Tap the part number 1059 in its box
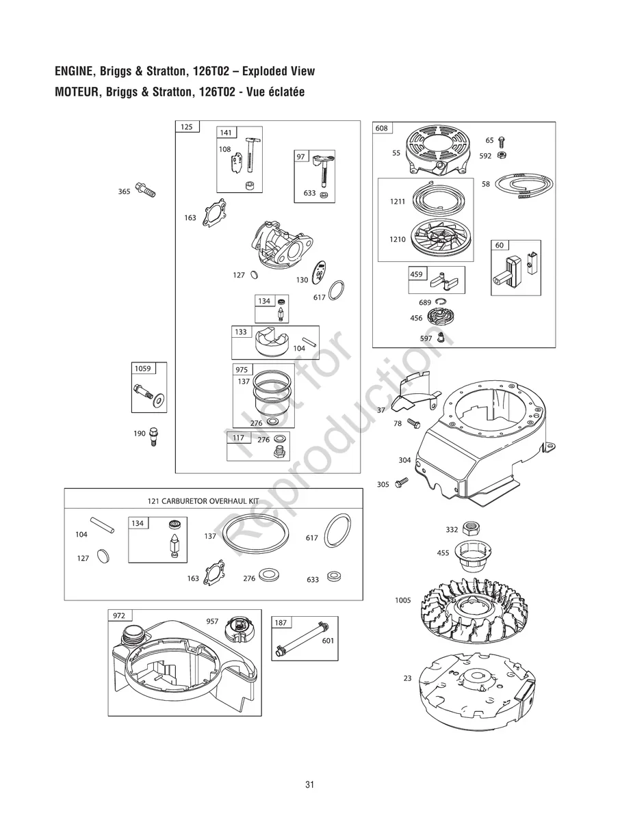point(142,369)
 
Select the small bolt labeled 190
point(153,436)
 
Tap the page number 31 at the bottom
point(310,785)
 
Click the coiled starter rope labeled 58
point(524,186)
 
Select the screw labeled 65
point(502,141)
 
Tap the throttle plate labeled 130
point(319,272)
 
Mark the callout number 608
point(381,129)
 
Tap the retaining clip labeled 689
point(442,302)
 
